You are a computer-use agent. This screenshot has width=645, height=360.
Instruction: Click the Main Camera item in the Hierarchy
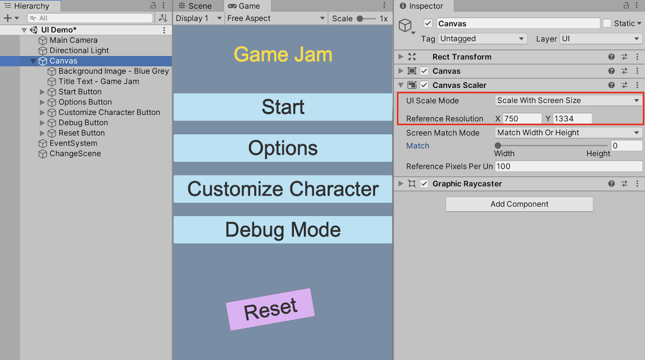[x=73, y=40]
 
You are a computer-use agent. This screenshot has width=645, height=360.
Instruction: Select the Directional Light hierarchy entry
[x=79, y=50]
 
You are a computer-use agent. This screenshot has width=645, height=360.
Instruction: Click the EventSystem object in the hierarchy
[x=73, y=143]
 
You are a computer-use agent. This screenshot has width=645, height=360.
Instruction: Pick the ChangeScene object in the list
[x=75, y=154]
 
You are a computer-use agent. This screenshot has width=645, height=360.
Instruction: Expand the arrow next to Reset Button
[x=42, y=133]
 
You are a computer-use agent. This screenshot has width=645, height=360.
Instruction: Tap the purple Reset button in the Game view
[x=270, y=309]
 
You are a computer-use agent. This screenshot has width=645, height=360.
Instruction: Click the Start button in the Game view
[x=283, y=107]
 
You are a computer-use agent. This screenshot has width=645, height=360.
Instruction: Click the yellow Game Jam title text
[x=283, y=54]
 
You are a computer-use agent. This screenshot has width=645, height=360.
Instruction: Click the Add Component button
[x=519, y=204]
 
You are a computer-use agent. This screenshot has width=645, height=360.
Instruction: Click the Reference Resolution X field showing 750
[x=522, y=119]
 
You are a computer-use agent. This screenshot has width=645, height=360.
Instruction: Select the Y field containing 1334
[x=572, y=119]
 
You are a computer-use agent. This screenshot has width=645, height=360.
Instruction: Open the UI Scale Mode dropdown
[x=568, y=100]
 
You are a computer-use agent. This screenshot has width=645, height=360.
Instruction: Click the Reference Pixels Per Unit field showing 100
[x=568, y=166]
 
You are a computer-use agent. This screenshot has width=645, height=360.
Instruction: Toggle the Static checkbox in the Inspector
[x=607, y=23]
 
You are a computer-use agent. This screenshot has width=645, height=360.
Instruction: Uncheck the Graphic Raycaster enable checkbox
[x=424, y=184]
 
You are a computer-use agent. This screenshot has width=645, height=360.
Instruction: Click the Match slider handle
[x=498, y=146]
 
